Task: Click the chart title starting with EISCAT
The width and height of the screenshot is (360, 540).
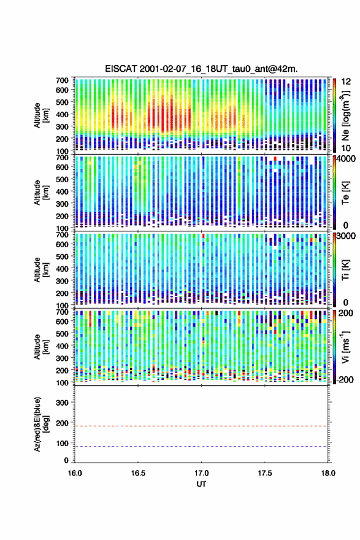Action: tap(201, 69)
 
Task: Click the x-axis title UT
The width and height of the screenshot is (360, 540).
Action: tap(201, 484)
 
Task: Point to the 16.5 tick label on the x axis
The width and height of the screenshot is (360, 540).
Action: tap(137, 473)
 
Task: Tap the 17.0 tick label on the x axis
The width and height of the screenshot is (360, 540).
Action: tap(201, 473)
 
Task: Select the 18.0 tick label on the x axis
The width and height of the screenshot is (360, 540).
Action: tap(328, 473)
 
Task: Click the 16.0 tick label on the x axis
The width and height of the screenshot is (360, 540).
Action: tap(75, 473)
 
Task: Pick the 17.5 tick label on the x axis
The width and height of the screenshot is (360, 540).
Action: tap(265, 473)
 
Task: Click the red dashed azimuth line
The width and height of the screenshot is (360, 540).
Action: tap(201, 426)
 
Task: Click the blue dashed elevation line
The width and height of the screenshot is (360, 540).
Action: tap(201, 446)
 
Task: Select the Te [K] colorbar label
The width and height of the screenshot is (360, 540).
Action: tap(345, 193)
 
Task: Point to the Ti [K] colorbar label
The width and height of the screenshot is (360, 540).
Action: tap(345, 269)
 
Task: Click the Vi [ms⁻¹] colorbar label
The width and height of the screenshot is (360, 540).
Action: tap(345, 347)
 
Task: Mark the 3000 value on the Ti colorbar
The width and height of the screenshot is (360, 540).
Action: tap(346, 237)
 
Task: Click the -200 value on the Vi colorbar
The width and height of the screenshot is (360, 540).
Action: tap(345, 379)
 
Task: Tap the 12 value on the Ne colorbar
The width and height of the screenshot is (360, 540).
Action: tap(346, 82)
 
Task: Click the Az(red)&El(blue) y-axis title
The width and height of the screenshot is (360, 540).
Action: tap(40, 424)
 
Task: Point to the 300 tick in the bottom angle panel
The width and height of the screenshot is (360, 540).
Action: tap(62, 403)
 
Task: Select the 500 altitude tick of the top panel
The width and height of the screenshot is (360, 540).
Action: tap(62, 102)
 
